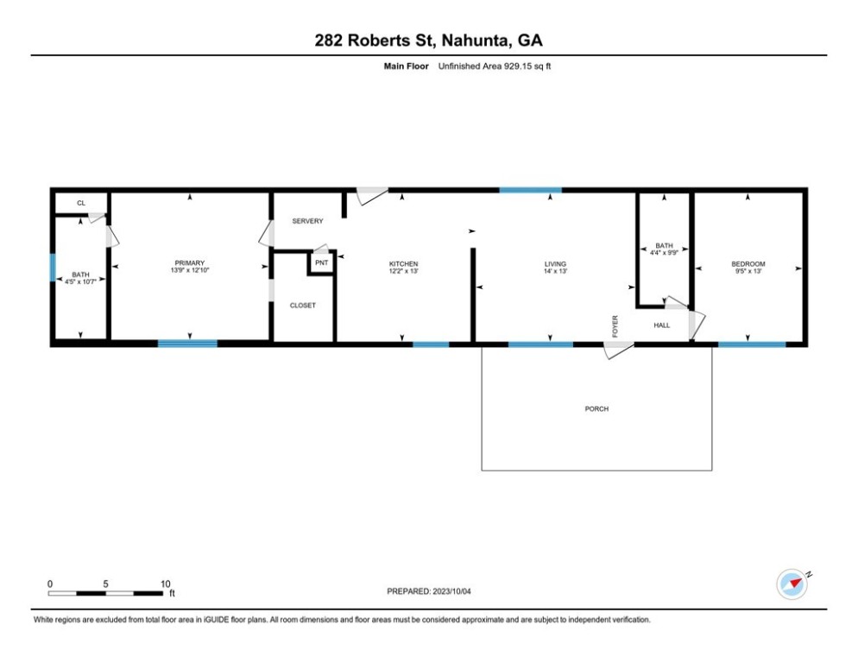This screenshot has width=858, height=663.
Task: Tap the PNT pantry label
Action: point(322,262)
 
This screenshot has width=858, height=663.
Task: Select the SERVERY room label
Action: point(307,221)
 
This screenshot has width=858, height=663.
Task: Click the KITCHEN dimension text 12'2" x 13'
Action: point(404,271)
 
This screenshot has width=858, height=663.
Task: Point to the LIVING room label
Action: point(555,264)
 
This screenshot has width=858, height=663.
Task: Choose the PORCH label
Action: point(596,409)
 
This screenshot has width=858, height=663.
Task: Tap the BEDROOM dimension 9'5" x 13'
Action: point(748,271)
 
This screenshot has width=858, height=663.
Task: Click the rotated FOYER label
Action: point(615,326)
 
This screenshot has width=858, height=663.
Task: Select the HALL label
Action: point(661,325)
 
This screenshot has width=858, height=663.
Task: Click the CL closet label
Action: point(81,203)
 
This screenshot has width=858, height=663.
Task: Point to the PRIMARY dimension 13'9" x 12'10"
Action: point(190,270)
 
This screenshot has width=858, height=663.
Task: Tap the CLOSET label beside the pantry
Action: point(303,306)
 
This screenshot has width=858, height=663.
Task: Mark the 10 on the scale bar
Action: point(165,584)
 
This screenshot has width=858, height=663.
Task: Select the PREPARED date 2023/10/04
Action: point(451,591)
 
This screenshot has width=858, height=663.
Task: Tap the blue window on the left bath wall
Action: point(53,267)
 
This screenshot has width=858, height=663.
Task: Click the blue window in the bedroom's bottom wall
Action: point(752,344)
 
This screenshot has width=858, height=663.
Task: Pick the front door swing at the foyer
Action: point(618,350)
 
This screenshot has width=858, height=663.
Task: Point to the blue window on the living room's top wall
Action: point(531,190)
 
